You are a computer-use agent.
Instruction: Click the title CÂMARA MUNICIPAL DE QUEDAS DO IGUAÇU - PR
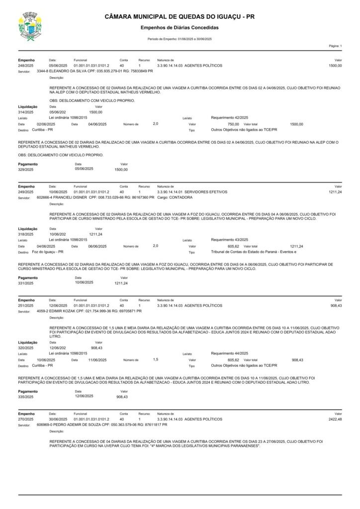pos(180,17)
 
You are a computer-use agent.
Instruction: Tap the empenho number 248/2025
pos(25,66)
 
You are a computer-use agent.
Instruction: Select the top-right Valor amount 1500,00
pos(335,66)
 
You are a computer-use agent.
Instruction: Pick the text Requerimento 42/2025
pos(229,118)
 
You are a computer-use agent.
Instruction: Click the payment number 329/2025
pos(25,170)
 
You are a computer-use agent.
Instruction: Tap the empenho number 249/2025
pos(25,191)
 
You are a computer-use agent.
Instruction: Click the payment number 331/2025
pos(25,283)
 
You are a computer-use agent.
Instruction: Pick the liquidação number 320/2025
pos(25,348)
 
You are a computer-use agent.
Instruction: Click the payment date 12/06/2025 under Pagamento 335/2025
pos(84,397)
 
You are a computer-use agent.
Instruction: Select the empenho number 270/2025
pos(25,419)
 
